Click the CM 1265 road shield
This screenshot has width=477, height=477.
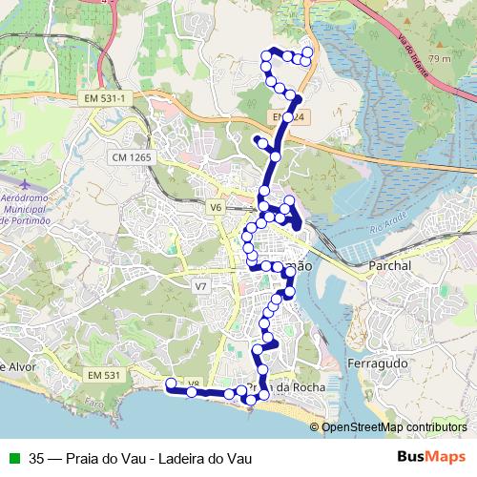tap(132, 156)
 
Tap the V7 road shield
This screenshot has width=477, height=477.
tap(200, 286)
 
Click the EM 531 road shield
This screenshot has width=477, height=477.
tap(105, 376)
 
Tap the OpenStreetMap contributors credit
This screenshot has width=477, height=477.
tap(394, 427)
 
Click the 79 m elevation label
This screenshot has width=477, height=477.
tap(440, 59)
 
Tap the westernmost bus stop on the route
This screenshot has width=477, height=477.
tap(171, 384)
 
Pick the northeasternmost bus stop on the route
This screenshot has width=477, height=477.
tap(307, 52)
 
